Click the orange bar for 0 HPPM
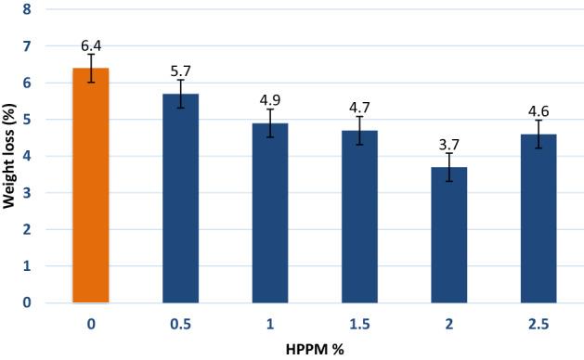click(x=91, y=186)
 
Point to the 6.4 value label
click(x=91, y=45)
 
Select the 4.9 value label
click(x=270, y=99)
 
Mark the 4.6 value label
click(x=539, y=110)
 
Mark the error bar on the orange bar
click(x=91, y=68)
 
